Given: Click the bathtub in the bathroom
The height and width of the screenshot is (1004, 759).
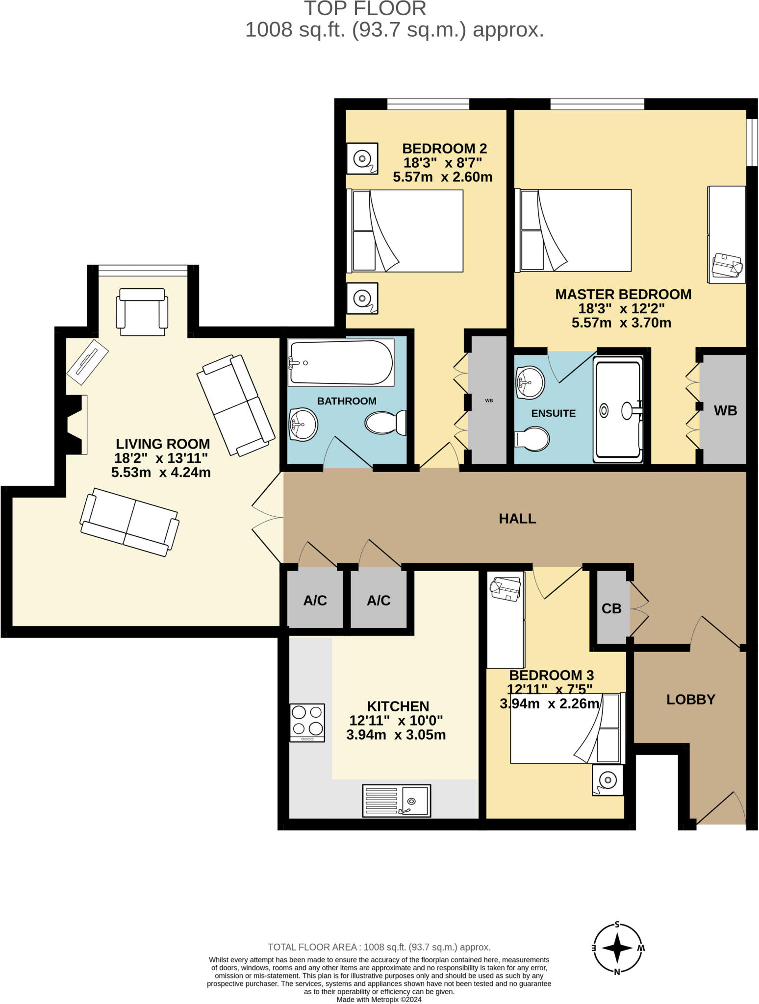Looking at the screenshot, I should (341, 363).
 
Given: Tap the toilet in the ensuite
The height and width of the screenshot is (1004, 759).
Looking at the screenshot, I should (533, 438).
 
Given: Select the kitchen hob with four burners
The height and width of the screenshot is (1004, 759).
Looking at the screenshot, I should (307, 722).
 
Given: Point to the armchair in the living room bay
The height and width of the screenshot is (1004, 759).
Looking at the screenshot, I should (142, 312).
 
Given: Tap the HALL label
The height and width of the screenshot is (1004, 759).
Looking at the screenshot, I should (517, 519).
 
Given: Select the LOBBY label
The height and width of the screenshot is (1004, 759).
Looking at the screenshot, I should (690, 700).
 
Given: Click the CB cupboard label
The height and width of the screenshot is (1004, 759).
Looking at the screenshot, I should (611, 608).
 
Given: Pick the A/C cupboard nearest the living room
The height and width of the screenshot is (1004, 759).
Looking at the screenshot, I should (315, 601).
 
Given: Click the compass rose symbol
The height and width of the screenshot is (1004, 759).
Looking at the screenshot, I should (617, 948).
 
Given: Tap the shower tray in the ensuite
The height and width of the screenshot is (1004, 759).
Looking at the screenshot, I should (618, 410).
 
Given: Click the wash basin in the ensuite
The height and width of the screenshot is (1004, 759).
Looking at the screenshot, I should (530, 382).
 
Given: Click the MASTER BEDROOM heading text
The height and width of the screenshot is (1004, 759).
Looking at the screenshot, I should (623, 294).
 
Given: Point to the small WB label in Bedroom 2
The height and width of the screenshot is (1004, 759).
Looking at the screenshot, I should (489, 401).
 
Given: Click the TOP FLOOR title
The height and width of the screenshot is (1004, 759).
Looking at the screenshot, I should (365, 9).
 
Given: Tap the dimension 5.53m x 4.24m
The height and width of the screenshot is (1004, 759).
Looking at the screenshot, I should (161, 473).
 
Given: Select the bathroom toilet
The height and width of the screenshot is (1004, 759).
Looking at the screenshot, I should (386, 422).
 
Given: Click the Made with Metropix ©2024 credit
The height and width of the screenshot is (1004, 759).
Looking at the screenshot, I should (379, 999).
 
